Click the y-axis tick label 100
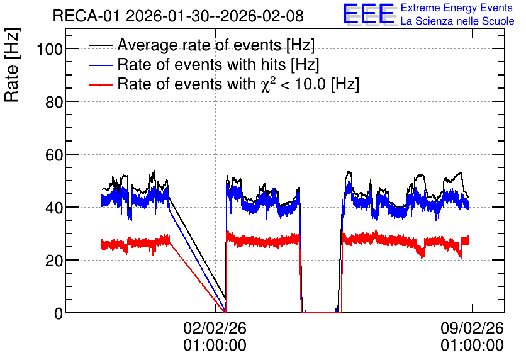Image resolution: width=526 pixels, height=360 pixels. click(50, 49)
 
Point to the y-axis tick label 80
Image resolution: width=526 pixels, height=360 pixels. click(54, 102)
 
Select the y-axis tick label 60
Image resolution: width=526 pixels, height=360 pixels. click(54, 155)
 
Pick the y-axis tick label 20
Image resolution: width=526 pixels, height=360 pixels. click(54, 261)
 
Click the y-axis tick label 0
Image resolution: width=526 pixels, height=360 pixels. click(59, 313)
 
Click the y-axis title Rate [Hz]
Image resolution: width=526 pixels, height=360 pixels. click(13, 65)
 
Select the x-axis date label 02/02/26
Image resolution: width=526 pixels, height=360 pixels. click(215, 328)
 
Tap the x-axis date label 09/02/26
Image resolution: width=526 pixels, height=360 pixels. click(472, 328)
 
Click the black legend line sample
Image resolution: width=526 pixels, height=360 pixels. click(101, 45)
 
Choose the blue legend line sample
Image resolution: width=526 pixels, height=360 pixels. click(101, 65)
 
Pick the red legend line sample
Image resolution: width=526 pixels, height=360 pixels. click(101, 84)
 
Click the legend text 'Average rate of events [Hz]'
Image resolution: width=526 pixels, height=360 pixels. click(216, 45)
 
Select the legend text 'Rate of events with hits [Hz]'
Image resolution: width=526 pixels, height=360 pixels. click(218, 65)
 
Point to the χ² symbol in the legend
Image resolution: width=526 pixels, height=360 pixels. click(268, 84)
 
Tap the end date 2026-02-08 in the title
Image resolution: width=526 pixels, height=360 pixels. click(262, 16)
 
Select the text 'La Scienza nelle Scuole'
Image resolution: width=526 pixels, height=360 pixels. click(457, 21)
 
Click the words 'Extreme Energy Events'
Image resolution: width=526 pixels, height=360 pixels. click(457, 8)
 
